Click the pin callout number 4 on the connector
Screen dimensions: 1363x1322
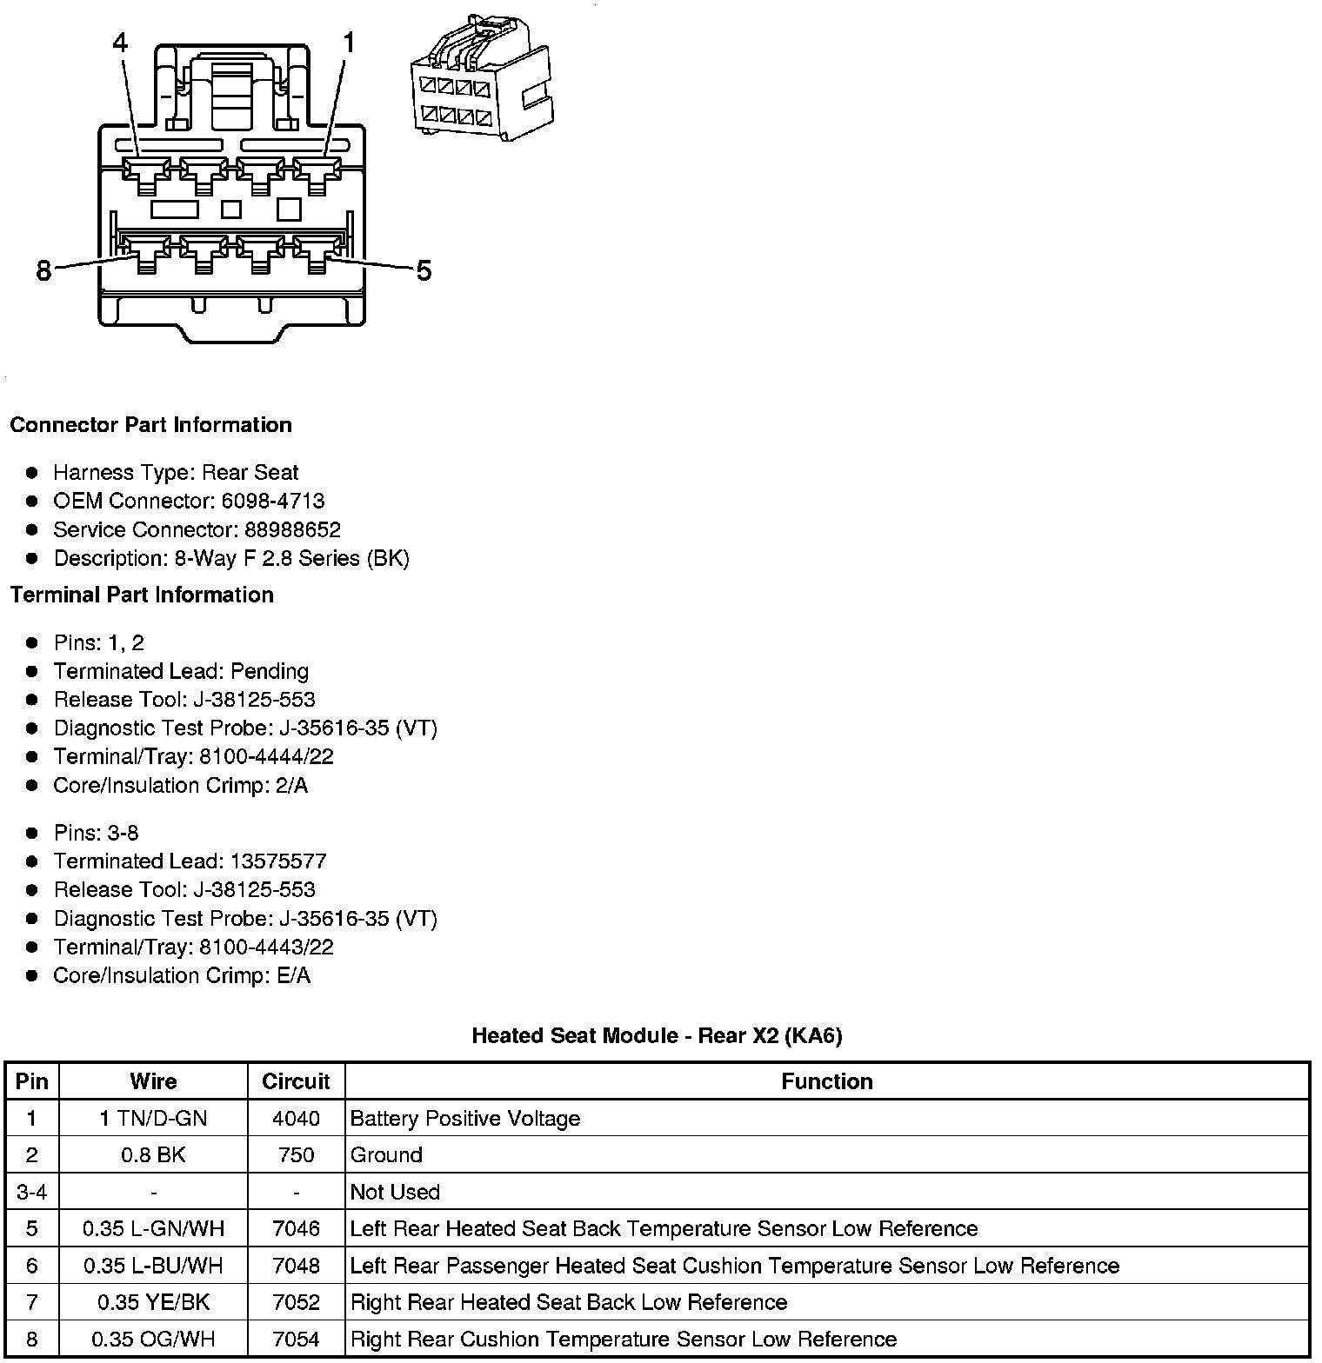[x=121, y=43]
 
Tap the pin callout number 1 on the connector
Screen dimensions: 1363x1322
[x=349, y=43]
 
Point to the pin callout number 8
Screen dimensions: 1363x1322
[x=44, y=272]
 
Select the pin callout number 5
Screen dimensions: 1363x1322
[x=424, y=272]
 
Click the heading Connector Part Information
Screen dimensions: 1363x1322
[x=150, y=425]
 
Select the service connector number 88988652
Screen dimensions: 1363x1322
[x=292, y=529]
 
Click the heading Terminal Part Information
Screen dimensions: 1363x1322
[x=142, y=595]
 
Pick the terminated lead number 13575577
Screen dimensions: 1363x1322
[x=278, y=861]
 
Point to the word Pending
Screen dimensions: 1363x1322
[x=270, y=671]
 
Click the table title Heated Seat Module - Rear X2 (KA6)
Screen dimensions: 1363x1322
[x=657, y=1035]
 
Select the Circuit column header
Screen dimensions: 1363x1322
[x=296, y=1081]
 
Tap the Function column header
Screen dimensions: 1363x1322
[x=826, y=1081]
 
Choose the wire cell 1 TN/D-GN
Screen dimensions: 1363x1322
[x=153, y=1119]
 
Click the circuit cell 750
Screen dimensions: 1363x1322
[x=296, y=1155]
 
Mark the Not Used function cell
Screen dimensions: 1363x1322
[x=395, y=1192]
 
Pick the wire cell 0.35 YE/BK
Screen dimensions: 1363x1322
[x=153, y=1302]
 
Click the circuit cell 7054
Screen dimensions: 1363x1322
[x=296, y=1339]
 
